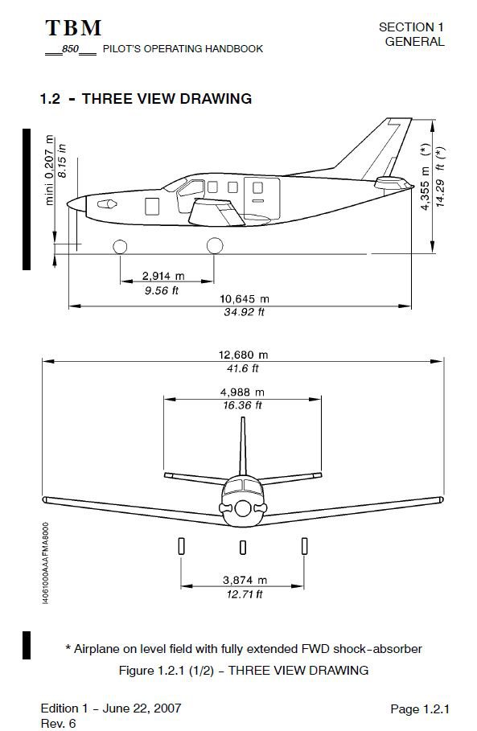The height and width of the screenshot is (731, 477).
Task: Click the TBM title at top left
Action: (73, 28)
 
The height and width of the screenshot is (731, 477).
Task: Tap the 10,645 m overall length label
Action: (245, 298)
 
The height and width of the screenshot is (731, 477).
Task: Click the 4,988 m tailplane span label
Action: (242, 392)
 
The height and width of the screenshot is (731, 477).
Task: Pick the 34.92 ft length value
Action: (244, 312)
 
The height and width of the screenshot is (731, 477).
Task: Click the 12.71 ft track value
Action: (243, 594)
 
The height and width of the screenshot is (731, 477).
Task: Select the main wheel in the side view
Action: (214, 246)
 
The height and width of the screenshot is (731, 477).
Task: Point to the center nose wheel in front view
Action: (243, 547)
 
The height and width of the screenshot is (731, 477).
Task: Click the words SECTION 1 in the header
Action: (411, 27)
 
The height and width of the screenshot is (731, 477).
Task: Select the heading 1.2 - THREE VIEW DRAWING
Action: (146, 99)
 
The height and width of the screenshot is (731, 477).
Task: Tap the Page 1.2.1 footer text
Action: (419, 708)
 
